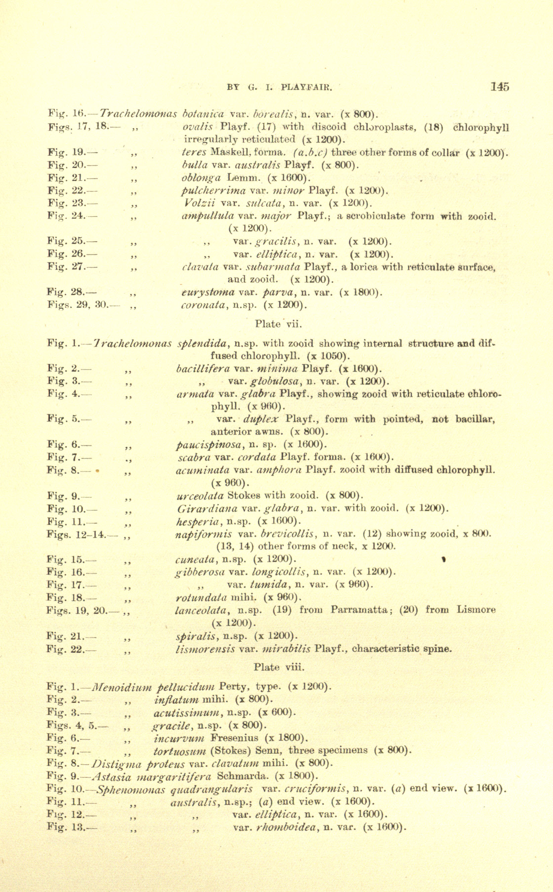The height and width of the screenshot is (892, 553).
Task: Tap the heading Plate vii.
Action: (x=278, y=324)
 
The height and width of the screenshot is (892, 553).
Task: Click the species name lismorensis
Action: (x=205, y=650)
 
